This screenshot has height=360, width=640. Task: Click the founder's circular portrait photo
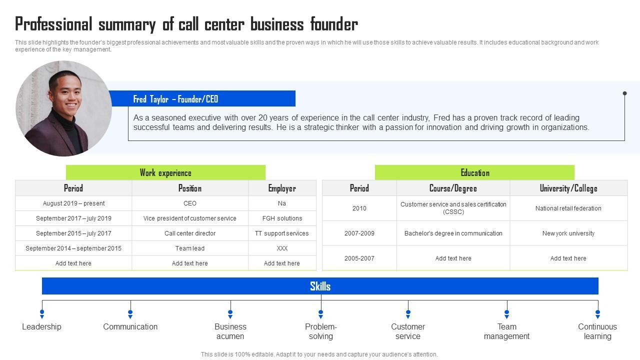[x=63, y=108]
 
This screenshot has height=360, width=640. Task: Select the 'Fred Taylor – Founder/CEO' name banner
[x=175, y=99]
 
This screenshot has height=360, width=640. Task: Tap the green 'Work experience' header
[x=165, y=173]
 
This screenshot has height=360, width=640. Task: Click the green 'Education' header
[x=474, y=173]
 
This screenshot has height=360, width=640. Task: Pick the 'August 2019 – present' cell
[x=73, y=203]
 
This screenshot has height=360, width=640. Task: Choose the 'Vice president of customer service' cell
[x=190, y=218]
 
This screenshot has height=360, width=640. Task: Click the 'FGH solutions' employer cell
[x=282, y=218]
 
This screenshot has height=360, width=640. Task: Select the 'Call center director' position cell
[x=190, y=233]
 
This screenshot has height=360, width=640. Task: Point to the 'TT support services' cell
[x=282, y=233]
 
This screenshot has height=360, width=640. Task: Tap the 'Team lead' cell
[x=190, y=248]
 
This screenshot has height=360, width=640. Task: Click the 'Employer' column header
[x=282, y=188]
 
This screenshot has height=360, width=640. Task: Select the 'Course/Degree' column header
[x=453, y=188]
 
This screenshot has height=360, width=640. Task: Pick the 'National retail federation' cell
[x=568, y=208]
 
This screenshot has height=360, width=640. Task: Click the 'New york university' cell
[x=568, y=233]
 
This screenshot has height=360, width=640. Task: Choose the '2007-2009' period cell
[x=359, y=233]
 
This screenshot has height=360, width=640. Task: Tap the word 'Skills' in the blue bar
[x=320, y=286]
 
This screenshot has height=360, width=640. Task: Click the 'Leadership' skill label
[x=41, y=326]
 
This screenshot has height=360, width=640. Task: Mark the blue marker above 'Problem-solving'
[x=320, y=313]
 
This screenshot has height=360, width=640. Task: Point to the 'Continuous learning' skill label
[x=597, y=331]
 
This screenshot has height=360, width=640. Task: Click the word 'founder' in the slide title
[x=334, y=24]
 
